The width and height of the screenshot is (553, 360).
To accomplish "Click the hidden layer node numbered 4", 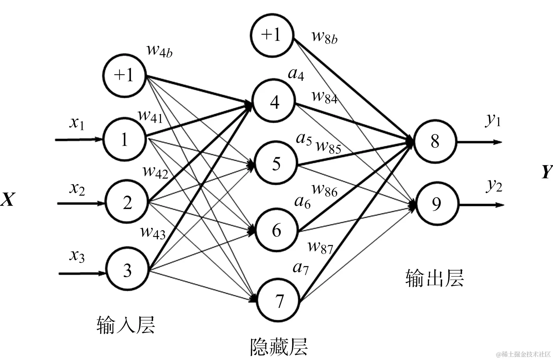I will click(274, 101).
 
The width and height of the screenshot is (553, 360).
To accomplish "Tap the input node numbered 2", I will click(127, 202).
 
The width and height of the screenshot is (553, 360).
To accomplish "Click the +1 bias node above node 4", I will click(272, 35).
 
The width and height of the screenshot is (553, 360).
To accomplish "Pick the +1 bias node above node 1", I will click(124, 75).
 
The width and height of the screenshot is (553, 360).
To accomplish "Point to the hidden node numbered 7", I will click(279, 300).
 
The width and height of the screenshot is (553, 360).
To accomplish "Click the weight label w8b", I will click(324, 37).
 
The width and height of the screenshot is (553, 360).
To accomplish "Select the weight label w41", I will click(150, 116).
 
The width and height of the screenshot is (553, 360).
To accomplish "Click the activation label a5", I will click(304, 139).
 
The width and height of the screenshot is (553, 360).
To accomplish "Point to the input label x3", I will click(77, 256).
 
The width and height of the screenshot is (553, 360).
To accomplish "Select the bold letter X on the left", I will click(8, 199).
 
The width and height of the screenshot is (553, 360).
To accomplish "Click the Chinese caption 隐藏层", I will click(279, 347).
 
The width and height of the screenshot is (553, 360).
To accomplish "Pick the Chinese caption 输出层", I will click(434, 278).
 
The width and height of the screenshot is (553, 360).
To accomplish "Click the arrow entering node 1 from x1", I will click(79, 139).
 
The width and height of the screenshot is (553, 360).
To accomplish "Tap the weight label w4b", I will click(159, 51).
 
